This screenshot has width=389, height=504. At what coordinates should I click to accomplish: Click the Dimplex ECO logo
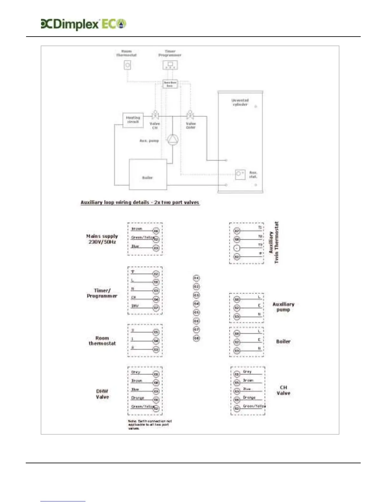tap(84, 24)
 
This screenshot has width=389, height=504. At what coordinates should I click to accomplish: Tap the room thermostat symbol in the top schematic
tap(127, 65)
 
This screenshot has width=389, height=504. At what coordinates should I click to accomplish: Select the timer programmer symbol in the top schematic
tap(170, 65)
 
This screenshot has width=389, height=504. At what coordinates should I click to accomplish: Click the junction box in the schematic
tap(170, 84)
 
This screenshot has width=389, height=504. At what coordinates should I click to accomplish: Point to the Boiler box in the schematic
tap(148, 174)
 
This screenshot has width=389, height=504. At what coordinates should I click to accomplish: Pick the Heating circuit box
tap(133, 120)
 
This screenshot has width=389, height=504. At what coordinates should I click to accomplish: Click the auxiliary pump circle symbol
tap(173, 140)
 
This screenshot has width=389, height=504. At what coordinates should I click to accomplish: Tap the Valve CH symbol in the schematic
tap(155, 115)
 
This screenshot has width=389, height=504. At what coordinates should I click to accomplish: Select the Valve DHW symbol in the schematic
tap(190, 115)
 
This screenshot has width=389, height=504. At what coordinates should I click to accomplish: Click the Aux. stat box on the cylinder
tap(240, 174)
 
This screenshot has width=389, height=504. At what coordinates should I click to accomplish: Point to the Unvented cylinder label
tap(240, 102)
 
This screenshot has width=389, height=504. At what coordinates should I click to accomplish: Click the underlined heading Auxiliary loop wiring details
tap(140, 202)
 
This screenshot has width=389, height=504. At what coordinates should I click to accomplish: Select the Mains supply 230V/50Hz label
tap(102, 239)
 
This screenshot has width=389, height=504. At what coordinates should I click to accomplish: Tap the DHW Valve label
tap(102, 394)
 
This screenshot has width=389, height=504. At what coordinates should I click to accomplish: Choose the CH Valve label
tap(283, 390)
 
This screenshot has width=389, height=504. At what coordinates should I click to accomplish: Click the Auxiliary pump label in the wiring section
tap(283, 307)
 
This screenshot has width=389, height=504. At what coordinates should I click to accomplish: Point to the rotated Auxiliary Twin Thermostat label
tap(274, 242)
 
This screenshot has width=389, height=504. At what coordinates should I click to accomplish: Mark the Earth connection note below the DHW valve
tap(150, 424)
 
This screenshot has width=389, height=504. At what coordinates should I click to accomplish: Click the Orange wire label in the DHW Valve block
tap(138, 398)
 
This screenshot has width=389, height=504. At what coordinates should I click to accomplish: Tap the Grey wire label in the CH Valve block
tap(247, 371)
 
